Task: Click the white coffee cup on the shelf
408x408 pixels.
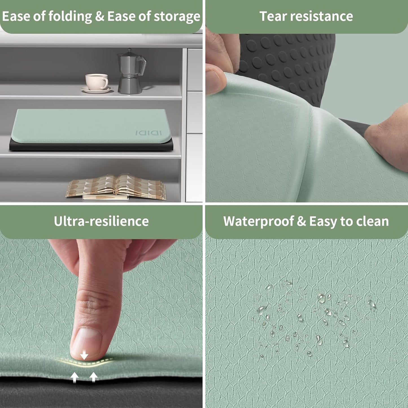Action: [x=96, y=82]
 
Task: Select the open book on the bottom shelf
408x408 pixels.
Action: [x=116, y=187]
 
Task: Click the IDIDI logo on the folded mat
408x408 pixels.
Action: [x=149, y=133]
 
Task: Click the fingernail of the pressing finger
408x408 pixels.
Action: [x=86, y=343]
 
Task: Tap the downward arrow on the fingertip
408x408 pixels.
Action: [x=84, y=355]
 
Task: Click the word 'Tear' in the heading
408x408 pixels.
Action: [x=273, y=16]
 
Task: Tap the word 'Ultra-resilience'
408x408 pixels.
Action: [x=101, y=221]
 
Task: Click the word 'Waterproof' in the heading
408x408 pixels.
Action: [x=258, y=222]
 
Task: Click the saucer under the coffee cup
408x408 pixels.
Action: [x=97, y=90]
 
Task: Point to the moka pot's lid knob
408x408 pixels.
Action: [x=129, y=50]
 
